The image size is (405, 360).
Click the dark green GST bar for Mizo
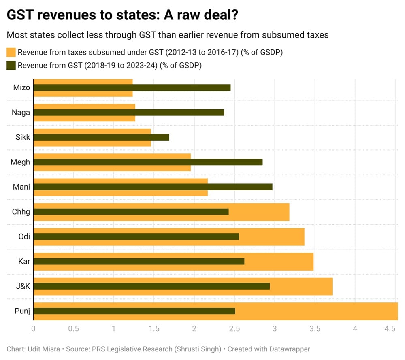tap(132, 87)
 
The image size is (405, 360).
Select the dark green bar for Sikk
tap(101, 137)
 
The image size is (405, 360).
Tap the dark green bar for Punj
tap(134, 311)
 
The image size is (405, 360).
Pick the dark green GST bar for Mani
tap(152, 187)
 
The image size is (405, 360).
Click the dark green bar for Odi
tap(136, 236)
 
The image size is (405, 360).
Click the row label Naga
tap(21, 113)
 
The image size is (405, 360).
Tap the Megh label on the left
tap(20, 162)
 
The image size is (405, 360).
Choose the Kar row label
tap(24, 262)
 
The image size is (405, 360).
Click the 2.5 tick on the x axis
tap(234, 329)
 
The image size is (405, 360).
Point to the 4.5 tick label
tap(390, 329)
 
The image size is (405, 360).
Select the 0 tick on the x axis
tap(33, 329)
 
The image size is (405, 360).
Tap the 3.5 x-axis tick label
tap(315, 329)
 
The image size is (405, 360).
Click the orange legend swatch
tap(11, 53)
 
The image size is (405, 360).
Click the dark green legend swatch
tap(11, 65)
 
